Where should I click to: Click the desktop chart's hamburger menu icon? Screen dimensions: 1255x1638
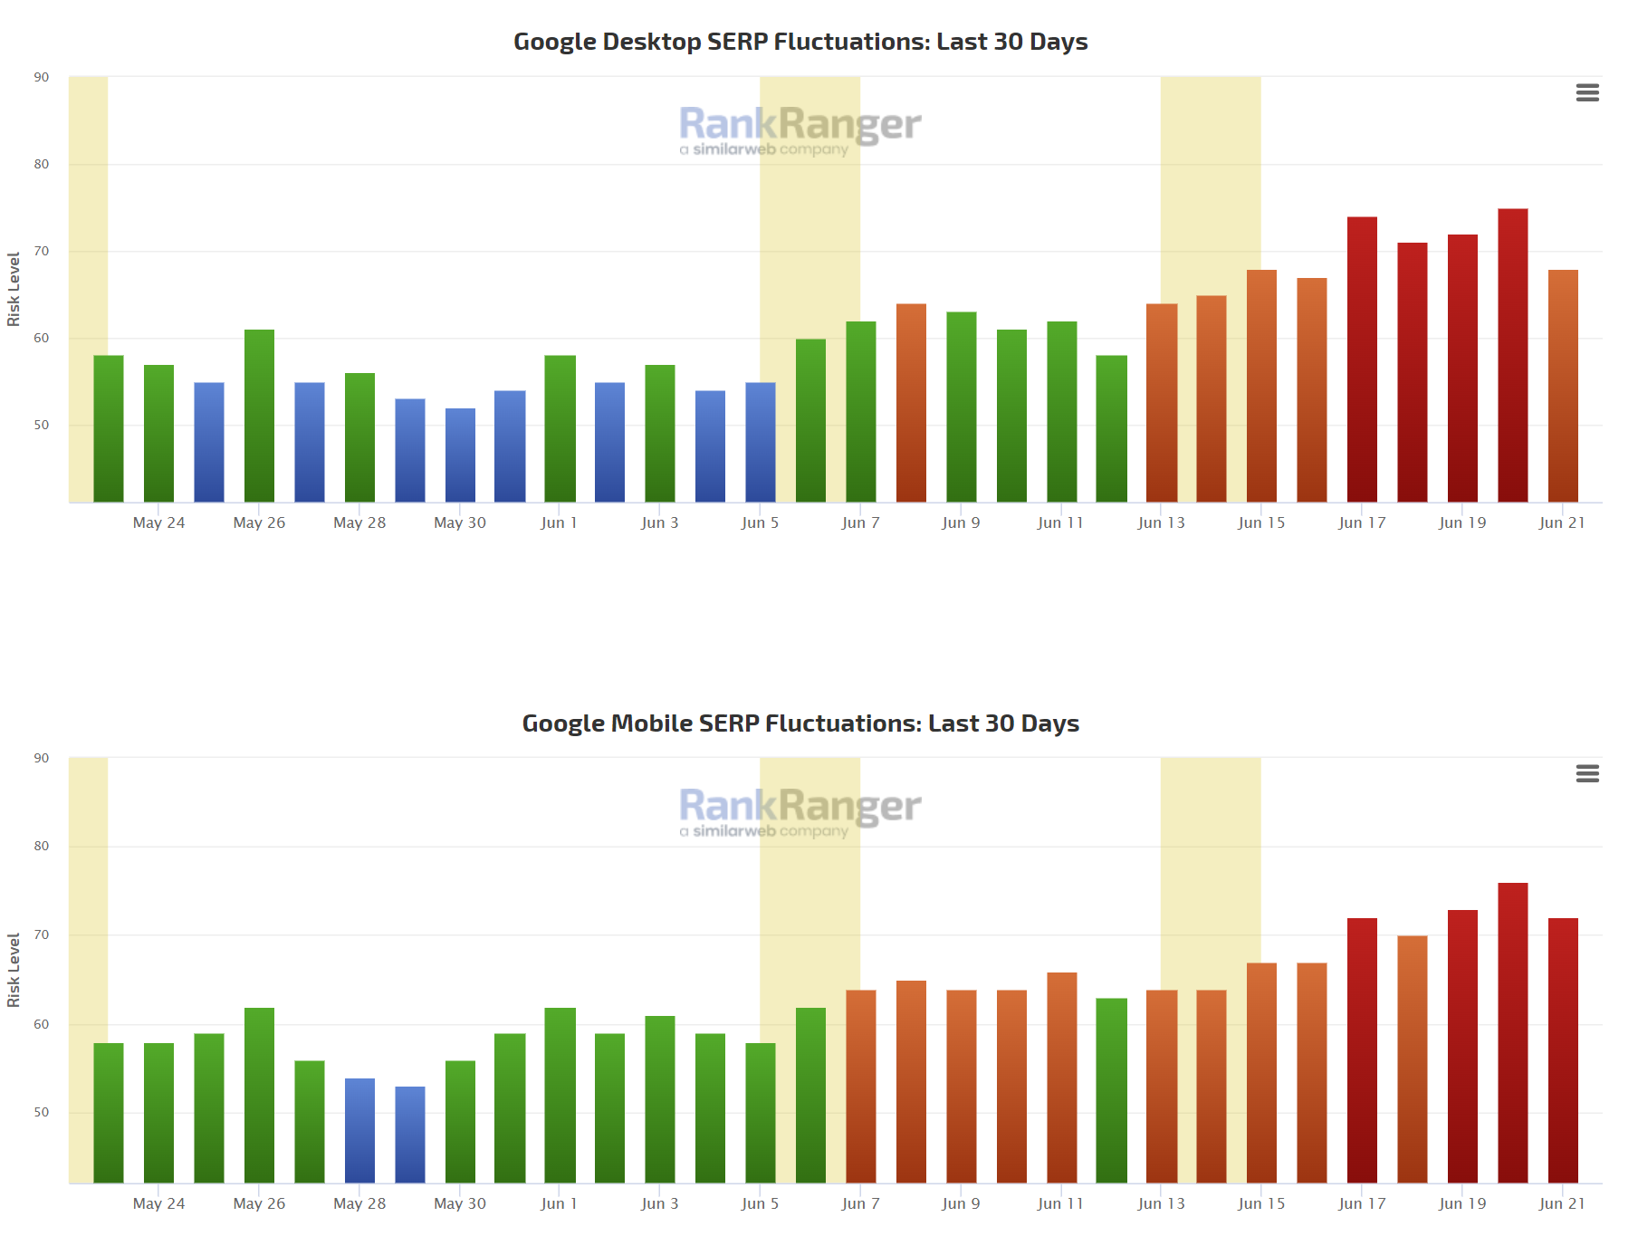[x=1586, y=92]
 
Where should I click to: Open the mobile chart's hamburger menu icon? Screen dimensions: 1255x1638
[x=1586, y=773]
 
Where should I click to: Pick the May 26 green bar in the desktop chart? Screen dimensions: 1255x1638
[x=259, y=416]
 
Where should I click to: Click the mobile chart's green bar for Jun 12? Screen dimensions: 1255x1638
[x=1111, y=1090]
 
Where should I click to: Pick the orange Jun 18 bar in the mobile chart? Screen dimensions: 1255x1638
[x=1412, y=1059]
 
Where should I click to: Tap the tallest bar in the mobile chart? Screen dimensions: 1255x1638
[x=1512, y=1032]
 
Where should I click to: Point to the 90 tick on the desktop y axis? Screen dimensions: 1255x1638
[x=42, y=77]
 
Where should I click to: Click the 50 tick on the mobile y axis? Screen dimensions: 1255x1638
[x=42, y=1112]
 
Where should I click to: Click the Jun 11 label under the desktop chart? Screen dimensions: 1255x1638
[x=1060, y=522]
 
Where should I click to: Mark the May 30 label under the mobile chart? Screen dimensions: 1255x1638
[x=460, y=1203]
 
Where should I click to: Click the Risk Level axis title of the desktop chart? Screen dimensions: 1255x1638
[x=14, y=289]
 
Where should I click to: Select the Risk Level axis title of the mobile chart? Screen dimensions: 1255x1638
[x=14, y=970]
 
